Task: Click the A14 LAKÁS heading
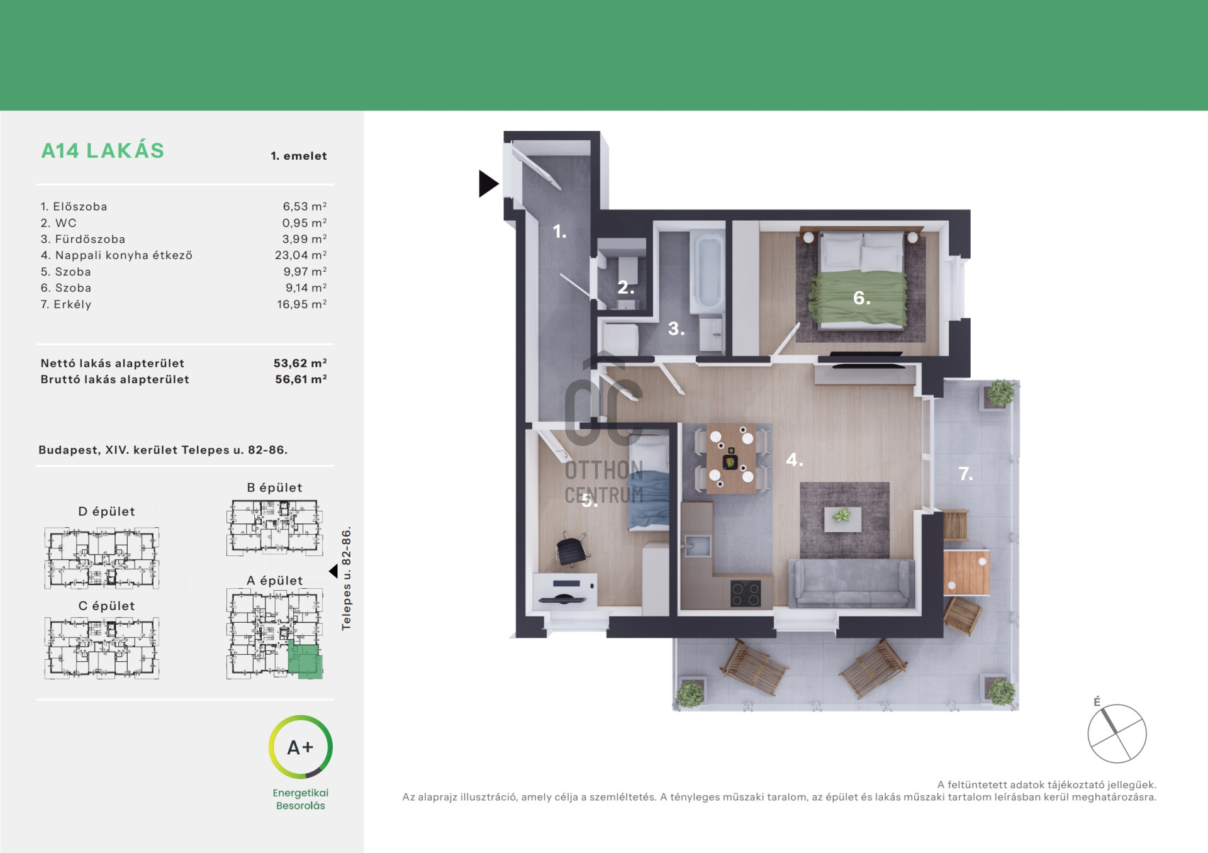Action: pyautogui.click(x=103, y=151)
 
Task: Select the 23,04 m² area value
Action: pyautogui.click(x=301, y=255)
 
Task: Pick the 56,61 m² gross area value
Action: pyautogui.click(x=301, y=379)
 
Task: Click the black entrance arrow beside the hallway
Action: pyautogui.click(x=488, y=184)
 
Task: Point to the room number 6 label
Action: pyautogui.click(x=862, y=298)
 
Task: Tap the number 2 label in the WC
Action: pyautogui.click(x=625, y=287)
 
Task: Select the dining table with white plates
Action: pyautogui.click(x=731, y=457)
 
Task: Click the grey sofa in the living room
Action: pyautogui.click(x=851, y=583)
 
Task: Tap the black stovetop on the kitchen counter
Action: pyautogui.click(x=746, y=593)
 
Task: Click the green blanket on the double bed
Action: pyautogui.click(x=858, y=298)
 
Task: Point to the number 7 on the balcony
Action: pyautogui.click(x=966, y=473)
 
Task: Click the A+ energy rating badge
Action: pyautogui.click(x=301, y=747)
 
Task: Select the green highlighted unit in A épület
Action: pyautogui.click(x=305, y=661)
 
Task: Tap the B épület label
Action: pyautogui.click(x=274, y=488)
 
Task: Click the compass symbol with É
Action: pyautogui.click(x=1117, y=733)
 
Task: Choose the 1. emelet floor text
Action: pyautogui.click(x=299, y=156)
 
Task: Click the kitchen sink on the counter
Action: pyautogui.click(x=696, y=545)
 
